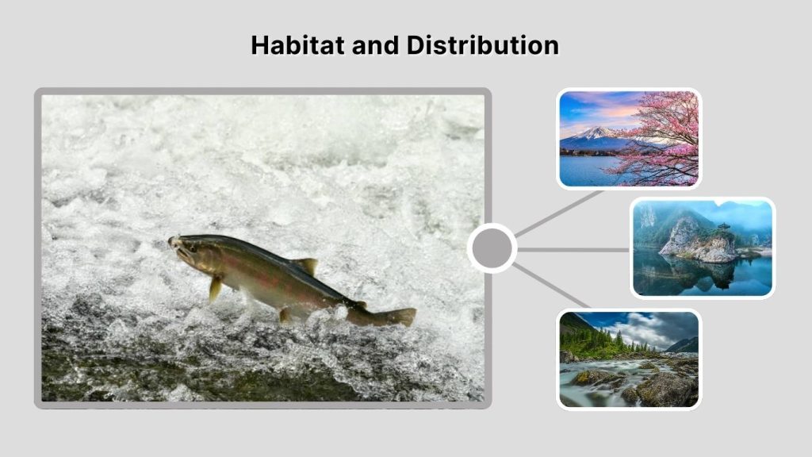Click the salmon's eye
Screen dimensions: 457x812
coord(190,247)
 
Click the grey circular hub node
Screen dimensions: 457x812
coord(492,248)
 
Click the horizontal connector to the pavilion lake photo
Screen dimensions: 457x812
coord(573,249)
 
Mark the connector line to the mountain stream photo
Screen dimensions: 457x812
coord(553,287)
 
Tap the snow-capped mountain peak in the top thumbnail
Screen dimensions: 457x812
coord(596,132)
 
